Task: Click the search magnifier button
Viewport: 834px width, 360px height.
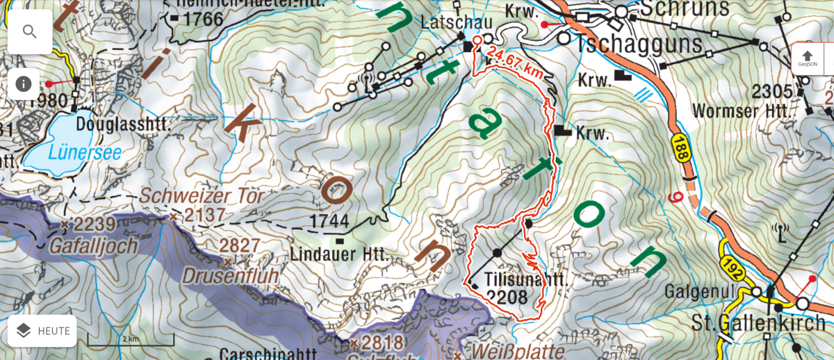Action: click(x=30, y=31)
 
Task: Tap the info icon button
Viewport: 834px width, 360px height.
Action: click(x=24, y=83)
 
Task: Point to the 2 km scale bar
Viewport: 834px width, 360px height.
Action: click(x=130, y=341)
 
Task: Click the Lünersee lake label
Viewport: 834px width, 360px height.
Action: click(x=85, y=152)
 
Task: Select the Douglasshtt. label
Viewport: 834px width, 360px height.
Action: click(x=123, y=124)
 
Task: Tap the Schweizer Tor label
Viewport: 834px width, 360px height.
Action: click(x=202, y=197)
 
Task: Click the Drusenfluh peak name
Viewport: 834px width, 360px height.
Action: click(x=230, y=276)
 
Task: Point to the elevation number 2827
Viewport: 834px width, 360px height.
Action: click(x=240, y=245)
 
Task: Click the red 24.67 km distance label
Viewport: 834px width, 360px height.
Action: click(x=515, y=62)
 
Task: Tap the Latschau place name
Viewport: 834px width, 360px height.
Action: click(x=457, y=23)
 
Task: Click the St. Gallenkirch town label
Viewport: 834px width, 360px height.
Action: click(x=758, y=323)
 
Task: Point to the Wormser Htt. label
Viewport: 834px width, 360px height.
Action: click(x=742, y=111)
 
